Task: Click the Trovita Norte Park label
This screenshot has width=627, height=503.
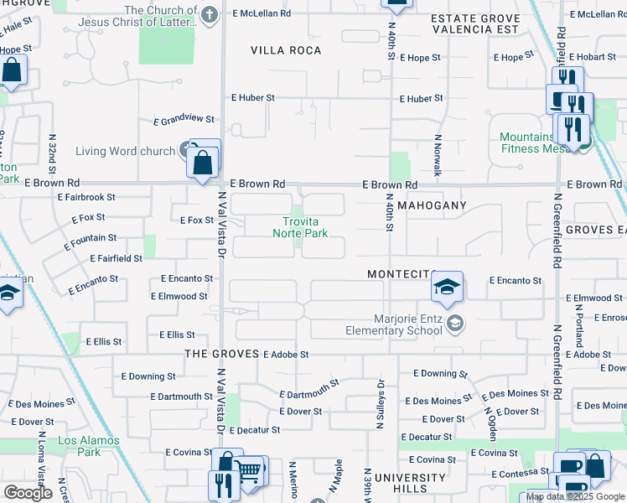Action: click(x=300, y=227)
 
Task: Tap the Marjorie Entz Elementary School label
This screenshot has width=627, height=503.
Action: click(x=394, y=324)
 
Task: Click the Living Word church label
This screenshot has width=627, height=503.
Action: click(x=125, y=152)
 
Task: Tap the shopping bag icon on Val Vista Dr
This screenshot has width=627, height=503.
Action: click(x=204, y=161)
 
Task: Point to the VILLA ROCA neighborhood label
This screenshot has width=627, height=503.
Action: click(x=286, y=50)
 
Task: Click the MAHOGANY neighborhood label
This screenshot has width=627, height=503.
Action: click(x=430, y=205)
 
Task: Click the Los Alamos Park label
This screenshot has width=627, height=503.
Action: click(x=79, y=446)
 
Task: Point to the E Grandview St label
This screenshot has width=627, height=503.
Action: click(x=184, y=121)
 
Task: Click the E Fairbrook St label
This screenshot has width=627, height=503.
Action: click(x=87, y=197)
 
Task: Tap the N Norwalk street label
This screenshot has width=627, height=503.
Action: click(x=438, y=156)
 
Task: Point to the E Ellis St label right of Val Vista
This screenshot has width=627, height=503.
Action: click(x=177, y=335)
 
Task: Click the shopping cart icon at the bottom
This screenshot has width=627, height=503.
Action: click(x=250, y=470)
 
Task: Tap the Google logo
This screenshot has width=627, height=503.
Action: click(x=28, y=493)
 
